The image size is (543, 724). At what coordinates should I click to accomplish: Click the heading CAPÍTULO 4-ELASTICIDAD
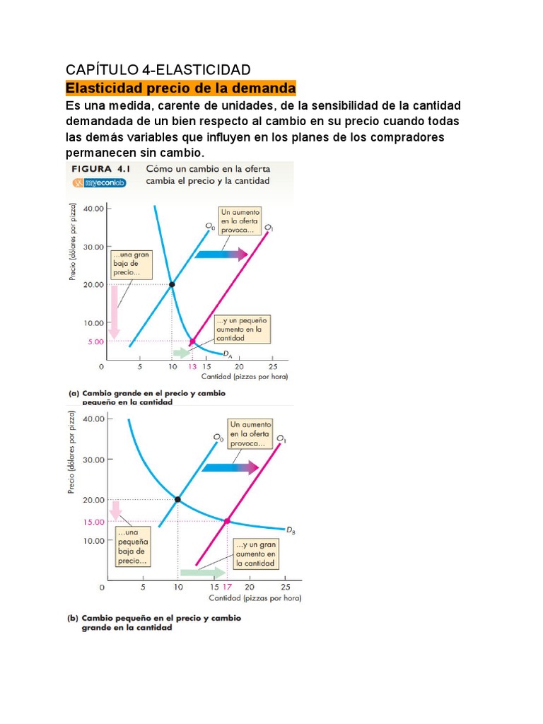158,70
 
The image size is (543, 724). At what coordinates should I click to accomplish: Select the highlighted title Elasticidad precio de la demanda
180,89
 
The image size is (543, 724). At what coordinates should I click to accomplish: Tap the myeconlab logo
99,182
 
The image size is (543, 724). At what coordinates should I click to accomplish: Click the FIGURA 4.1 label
101,170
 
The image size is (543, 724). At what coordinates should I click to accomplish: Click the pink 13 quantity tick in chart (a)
192,367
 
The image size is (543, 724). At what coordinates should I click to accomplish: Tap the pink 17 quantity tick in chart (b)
227,588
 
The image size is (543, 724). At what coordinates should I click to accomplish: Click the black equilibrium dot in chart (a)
171,284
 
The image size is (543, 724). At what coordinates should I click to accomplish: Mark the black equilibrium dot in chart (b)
177,499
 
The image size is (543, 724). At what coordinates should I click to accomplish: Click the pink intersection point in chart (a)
192,341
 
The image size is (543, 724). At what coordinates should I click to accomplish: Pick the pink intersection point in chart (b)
227,521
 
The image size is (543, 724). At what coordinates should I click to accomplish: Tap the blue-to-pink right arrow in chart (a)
221,254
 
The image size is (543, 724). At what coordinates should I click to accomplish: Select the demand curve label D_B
290,530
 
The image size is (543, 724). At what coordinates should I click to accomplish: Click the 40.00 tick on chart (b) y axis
94,419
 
